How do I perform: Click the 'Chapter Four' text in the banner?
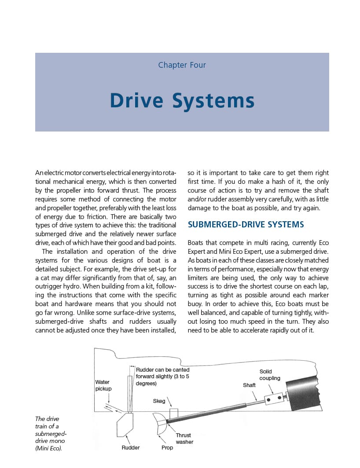click(x=182, y=65)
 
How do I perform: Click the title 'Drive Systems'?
click(x=182, y=100)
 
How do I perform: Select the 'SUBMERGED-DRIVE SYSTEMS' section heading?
click(x=246, y=225)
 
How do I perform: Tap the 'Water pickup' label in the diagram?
click(x=103, y=385)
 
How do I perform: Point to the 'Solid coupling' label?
click(x=269, y=375)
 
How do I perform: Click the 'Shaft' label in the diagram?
click(x=249, y=385)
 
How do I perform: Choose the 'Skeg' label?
click(x=159, y=401)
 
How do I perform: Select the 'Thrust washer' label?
click(x=184, y=439)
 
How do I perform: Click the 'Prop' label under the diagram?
click(x=167, y=448)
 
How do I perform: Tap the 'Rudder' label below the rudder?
click(x=131, y=448)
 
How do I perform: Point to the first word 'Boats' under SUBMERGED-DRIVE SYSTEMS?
click(x=197, y=243)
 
